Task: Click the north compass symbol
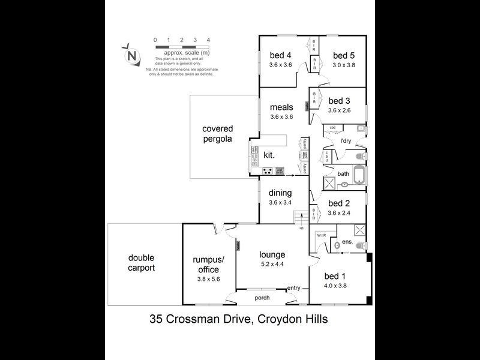coord(131,55)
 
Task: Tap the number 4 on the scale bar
coord(208,40)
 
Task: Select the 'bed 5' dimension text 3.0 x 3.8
coord(344,65)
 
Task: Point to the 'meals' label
coord(281,107)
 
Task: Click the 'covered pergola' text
coord(217,134)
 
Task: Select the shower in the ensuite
coord(359,230)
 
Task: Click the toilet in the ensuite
coord(360,246)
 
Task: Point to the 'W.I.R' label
coord(321,235)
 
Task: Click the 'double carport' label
coord(142,263)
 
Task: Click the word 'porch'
coord(262,298)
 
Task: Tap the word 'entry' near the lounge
coord(293,288)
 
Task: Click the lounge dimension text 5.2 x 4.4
coord(272,265)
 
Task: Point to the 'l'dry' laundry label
coord(346,141)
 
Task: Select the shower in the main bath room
coord(329,184)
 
